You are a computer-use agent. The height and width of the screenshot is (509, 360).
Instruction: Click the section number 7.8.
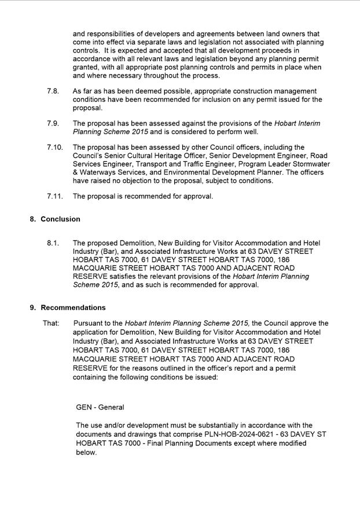(53, 91)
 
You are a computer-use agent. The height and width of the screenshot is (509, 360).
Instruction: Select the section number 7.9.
(53, 124)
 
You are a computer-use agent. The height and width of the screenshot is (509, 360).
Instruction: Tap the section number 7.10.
(55, 147)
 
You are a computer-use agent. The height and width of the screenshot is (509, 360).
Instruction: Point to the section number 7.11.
(55, 196)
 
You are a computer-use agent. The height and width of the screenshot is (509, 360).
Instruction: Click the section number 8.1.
(53, 244)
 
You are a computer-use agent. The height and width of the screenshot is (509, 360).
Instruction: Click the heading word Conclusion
(60, 220)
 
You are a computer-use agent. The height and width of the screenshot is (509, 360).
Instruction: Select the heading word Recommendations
(73, 308)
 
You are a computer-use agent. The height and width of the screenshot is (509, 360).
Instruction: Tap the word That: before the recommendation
(51, 323)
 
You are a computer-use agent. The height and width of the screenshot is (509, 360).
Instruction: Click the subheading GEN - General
(100, 407)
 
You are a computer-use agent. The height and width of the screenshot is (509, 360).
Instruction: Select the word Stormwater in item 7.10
(309, 164)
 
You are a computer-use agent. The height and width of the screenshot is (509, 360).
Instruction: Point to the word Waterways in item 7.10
(97, 172)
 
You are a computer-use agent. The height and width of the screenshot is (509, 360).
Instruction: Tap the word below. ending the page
(87, 453)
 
